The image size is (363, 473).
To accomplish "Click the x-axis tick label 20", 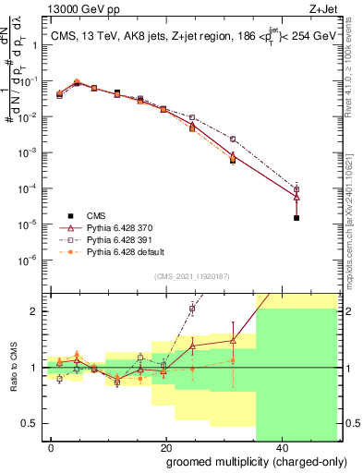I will coord(165,447).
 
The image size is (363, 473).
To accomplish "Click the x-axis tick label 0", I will coord(52,447).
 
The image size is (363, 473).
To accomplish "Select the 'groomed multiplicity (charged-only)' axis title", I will coord(244,462).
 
